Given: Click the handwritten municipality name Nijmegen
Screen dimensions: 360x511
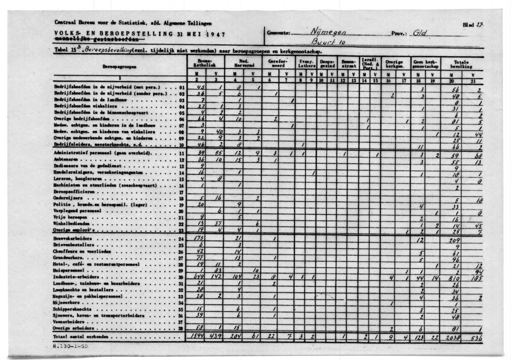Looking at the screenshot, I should tap(328, 32).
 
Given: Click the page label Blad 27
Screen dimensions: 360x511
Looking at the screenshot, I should tap(475, 25).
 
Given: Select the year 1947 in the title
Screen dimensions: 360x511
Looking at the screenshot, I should tap(215, 34).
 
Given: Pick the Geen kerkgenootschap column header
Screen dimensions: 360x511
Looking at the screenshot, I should tap(424, 64).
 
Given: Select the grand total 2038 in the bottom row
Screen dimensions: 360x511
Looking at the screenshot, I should tap(452, 337).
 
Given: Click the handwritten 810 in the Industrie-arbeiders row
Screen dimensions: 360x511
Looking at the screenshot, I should tap(453, 277).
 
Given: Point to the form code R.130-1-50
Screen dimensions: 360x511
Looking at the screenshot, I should tap(69, 346).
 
